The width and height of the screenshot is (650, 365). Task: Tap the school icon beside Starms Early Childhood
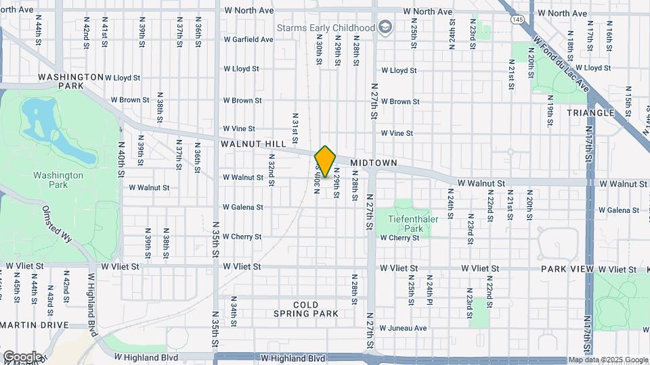[x=386, y=28]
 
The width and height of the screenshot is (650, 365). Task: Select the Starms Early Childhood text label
[x=326, y=28]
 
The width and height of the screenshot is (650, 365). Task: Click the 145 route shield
[x=517, y=20]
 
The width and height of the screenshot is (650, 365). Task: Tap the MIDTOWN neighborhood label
[x=374, y=163]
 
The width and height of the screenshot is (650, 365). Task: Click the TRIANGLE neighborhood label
[x=590, y=113]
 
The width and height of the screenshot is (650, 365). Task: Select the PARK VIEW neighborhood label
[x=567, y=269]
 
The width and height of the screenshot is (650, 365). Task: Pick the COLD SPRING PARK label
[x=306, y=309]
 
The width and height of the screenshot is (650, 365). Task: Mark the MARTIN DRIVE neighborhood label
[x=35, y=325]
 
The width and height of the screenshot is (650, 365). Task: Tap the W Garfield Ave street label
[x=248, y=39]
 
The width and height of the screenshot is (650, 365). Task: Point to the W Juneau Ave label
[x=403, y=328]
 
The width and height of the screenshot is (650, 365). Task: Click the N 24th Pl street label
[x=429, y=290]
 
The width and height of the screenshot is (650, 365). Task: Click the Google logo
[x=22, y=357]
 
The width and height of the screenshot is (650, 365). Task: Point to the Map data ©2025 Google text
[x=608, y=360]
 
